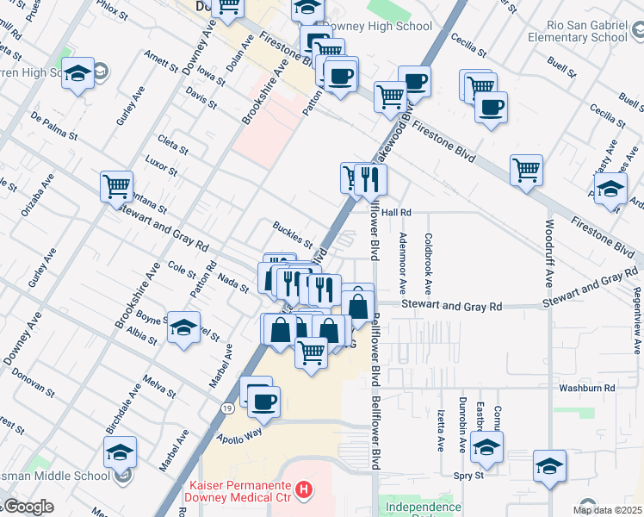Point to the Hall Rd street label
point(398,212)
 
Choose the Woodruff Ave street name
point(549,254)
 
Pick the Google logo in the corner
point(28,507)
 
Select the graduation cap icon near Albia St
point(183,327)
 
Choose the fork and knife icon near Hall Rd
point(371,179)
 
